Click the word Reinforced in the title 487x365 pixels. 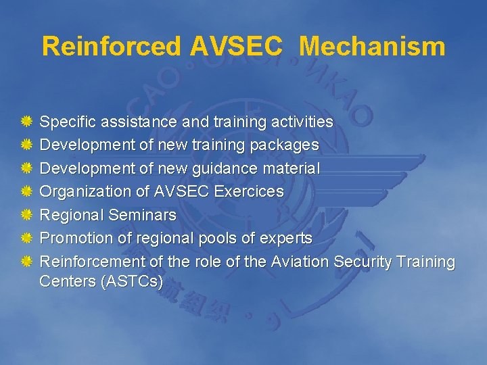point(112,47)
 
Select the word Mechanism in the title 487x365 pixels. point(372,47)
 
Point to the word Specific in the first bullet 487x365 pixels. point(67,122)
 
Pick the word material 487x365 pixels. point(294,168)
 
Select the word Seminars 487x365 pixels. point(141,215)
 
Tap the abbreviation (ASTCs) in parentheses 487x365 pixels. point(131,281)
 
